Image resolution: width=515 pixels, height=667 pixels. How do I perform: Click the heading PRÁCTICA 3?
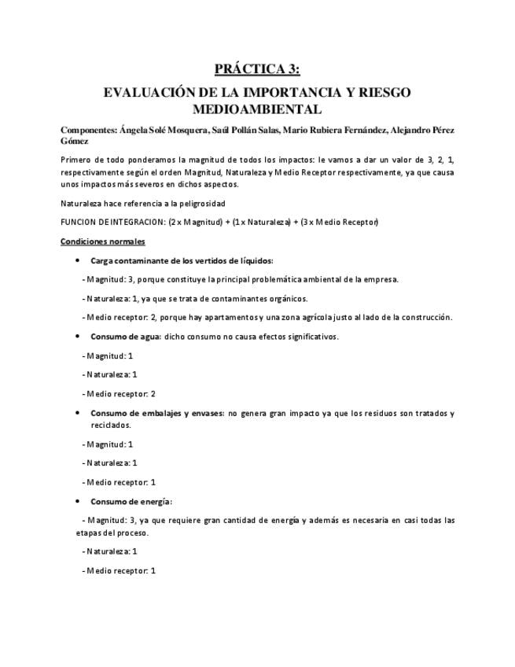pyautogui.click(x=257, y=70)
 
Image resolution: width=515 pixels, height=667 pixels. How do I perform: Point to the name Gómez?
pyautogui.click(x=75, y=141)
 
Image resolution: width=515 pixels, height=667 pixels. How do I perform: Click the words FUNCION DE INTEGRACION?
pyautogui.click(x=112, y=222)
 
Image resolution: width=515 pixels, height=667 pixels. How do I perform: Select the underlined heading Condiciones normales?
pyautogui.click(x=102, y=241)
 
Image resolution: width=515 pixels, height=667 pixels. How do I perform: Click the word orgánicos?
pyautogui.click(x=288, y=298)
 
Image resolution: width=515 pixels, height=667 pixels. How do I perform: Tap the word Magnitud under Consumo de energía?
pyautogui.click(x=106, y=520)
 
